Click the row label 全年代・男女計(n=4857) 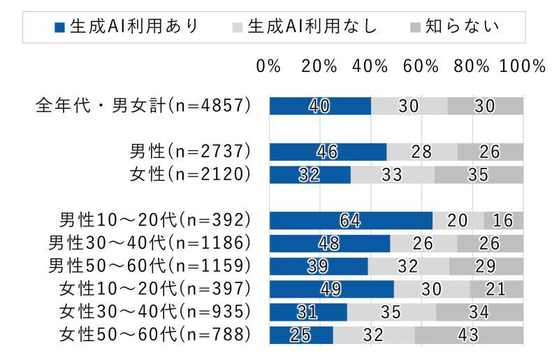(x=143, y=106)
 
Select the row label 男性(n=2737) (x=190, y=151)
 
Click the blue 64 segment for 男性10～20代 (x=351, y=220)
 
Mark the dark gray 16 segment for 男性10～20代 (x=503, y=220)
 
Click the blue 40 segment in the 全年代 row (x=320, y=106)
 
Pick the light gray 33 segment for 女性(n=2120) (x=392, y=175)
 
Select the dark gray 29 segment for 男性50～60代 (x=486, y=266)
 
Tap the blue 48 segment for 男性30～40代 (x=330, y=243)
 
